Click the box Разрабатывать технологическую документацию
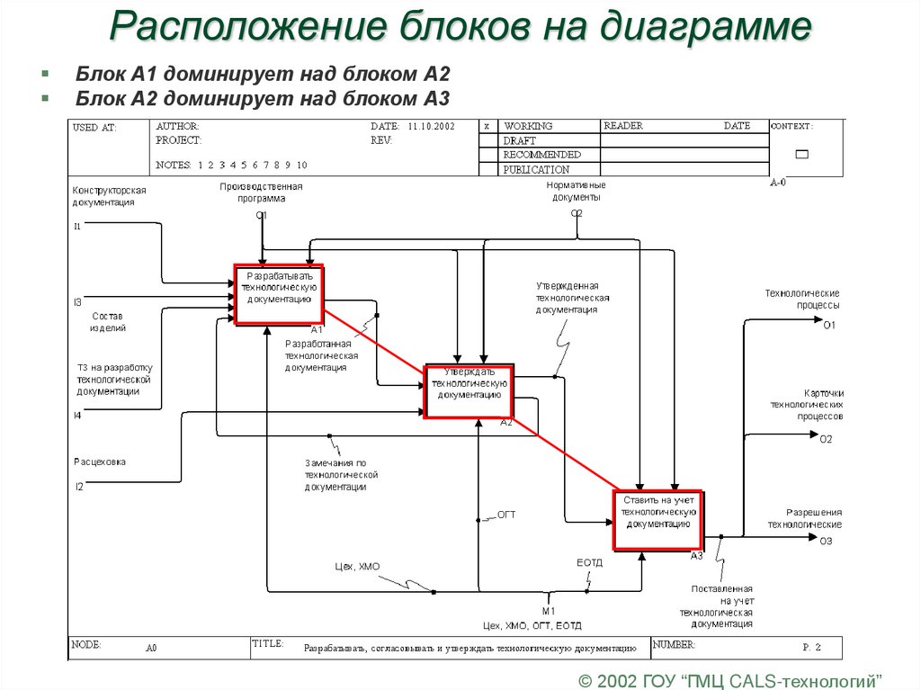pyautogui.click(x=280, y=295)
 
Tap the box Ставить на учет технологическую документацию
pyautogui.click(x=658, y=519)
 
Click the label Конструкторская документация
pyautogui.click(x=109, y=196)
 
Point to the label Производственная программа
pyautogui.click(x=261, y=193)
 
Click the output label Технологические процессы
pyautogui.click(x=802, y=299)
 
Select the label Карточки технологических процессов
pyautogui.click(x=806, y=405)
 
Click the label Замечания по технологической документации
pyautogui.click(x=340, y=474)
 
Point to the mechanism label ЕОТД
pyautogui.click(x=589, y=562)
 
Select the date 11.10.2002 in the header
pyautogui.click(x=431, y=127)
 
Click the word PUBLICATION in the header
pyautogui.click(x=536, y=169)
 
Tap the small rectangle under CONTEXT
pyautogui.click(x=801, y=155)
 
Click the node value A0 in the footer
pyautogui.click(x=151, y=647)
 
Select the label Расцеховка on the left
pyautogui.click(x=100, y=461)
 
